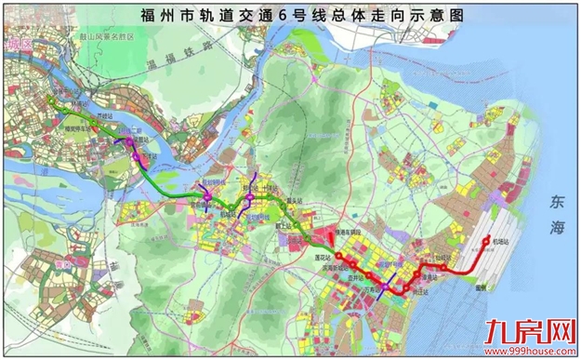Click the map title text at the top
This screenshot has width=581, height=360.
coord(290,16)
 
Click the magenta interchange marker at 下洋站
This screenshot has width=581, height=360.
coord(139,156)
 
